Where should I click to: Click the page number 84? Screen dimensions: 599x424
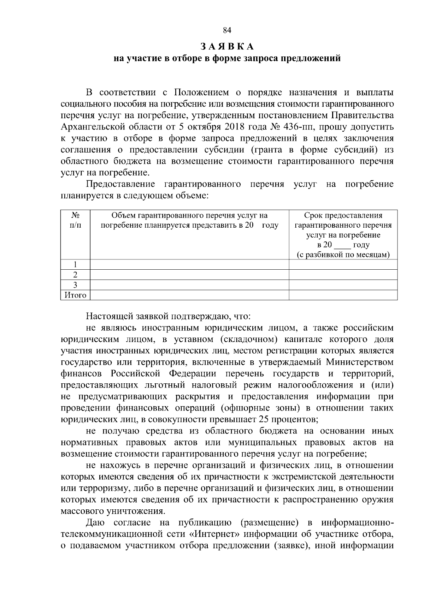click(227, 30)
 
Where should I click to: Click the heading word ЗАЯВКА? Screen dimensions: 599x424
click(227, 47)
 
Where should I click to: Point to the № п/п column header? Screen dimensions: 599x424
click(75, 220)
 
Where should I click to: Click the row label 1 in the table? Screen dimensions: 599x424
click(75, 264)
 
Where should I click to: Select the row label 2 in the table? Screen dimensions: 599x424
click(75, 275)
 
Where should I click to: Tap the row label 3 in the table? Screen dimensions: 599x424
click(75, 285)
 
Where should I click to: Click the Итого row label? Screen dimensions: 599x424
click(75, 295)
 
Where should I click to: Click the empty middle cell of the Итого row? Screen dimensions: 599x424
click(189, 295)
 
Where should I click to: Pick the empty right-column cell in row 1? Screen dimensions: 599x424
click(343, 264)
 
